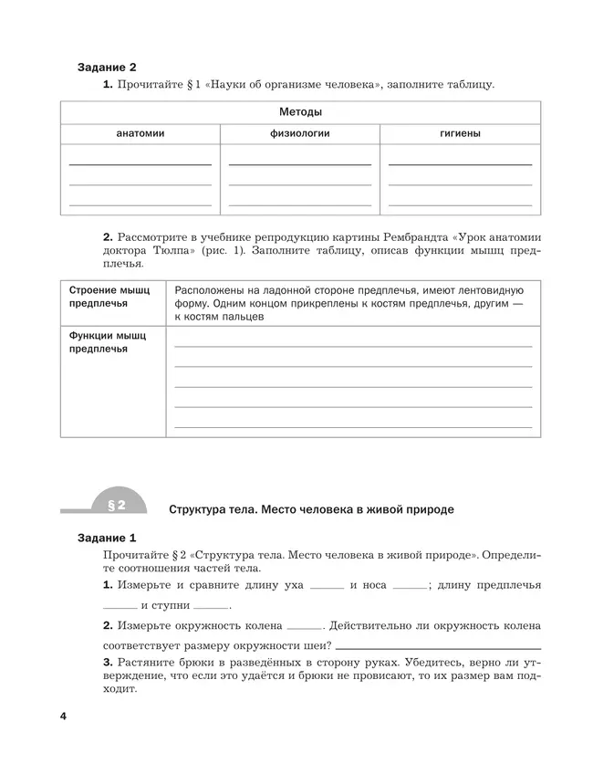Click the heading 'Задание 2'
tap(107, 68)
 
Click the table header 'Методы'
tap(299, 112)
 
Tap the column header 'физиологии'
tap(299, 133)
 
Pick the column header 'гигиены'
tap(460, 133)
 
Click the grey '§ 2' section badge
tap(116, 505)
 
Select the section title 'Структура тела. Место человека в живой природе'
tap(310, 507)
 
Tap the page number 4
tap(63, 716)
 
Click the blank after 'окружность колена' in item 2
tap(304, 629)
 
